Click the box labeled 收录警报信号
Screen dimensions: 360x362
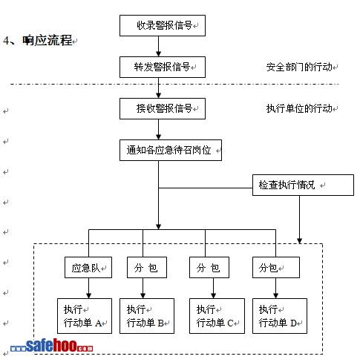click(163, 25)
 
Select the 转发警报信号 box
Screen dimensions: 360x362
click(163, 67)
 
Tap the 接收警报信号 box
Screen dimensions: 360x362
click(163, 108)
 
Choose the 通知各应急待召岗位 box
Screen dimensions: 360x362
click(171, 150)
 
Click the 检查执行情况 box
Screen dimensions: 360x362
click(303, 185)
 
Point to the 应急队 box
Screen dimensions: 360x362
click(88, 267)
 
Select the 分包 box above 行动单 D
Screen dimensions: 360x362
click(276, 267)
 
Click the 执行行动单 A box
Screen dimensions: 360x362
click(85, 316)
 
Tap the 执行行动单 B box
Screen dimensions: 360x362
click(147, 316)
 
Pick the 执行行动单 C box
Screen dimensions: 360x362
click(217, 316)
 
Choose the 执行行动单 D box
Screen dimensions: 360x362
click(280, 316)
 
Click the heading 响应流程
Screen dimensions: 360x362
click(47, 40)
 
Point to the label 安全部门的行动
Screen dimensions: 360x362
click(299, 67)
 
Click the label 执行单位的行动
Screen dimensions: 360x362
click(299, 108)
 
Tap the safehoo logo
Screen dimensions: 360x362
click(51, 345)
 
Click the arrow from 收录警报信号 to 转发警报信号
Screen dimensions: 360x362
click(159, 46)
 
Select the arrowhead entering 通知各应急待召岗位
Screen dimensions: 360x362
click(159, 137)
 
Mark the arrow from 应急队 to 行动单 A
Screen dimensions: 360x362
click(88, 288)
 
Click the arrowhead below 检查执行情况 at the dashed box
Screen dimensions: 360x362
click(299, 240)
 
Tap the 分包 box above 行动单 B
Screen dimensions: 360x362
click(147, 267)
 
